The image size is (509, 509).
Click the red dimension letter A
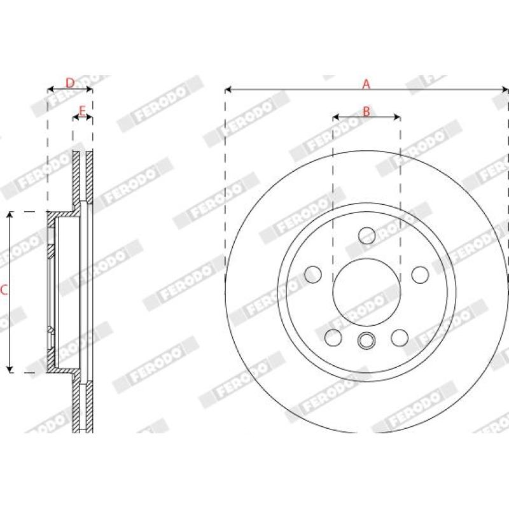coord(366,84)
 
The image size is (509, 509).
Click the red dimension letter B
coord(366,111)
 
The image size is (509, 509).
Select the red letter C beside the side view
coord(4,290)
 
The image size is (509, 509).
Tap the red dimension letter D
coord(70,83)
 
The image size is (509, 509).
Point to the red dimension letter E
coord(83,111)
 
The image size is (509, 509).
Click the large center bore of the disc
coord(366,292)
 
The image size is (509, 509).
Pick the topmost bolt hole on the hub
coord(367,235)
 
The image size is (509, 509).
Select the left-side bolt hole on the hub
coord(313,274)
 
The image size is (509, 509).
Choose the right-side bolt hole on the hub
coord(420,275)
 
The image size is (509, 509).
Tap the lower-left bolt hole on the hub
coord(333,338)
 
